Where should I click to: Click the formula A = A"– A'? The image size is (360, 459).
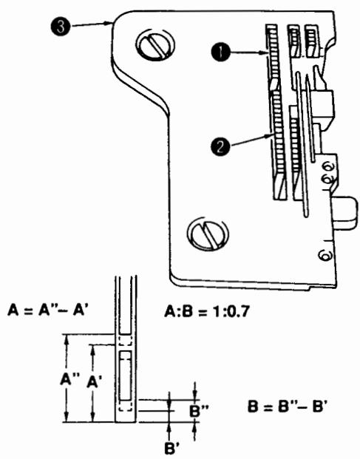pos(48,310)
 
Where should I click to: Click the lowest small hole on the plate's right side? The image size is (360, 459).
pos(322,256)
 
